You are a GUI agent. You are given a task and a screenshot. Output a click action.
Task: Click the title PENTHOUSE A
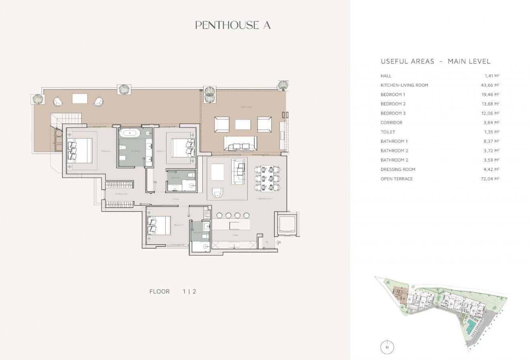[233, 25]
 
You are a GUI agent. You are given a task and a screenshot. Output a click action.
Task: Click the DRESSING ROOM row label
[398, 169]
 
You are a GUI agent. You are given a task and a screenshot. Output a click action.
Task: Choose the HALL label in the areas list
[386, 76]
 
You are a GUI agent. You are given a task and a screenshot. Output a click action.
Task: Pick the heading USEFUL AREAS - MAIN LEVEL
[435, 62]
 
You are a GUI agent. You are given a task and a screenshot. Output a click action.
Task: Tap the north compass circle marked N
[387, 347]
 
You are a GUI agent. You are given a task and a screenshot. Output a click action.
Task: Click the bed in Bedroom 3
[158, 225]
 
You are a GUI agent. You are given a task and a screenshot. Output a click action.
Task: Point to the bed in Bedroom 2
[183, 148]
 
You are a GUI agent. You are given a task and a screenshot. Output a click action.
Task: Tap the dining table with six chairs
[268, 178]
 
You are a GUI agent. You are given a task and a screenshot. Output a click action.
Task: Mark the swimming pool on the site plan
[469, 326]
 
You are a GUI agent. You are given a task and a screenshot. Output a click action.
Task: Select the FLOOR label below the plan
[159, 292]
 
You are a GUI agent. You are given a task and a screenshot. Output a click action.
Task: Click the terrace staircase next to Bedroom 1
[66, 119]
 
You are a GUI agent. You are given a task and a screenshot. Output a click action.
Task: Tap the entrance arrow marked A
[278, 242]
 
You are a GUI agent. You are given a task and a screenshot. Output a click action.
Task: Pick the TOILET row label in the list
[388, 132]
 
